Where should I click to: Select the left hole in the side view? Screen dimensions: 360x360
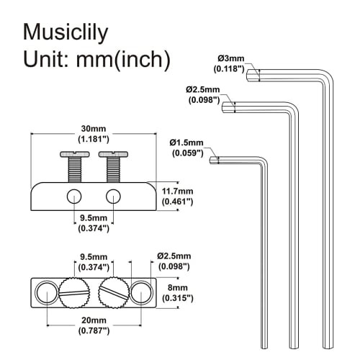coord(73,197)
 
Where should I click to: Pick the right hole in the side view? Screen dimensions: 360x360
coord(113,197)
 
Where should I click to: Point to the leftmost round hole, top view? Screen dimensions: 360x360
coord(44,292)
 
